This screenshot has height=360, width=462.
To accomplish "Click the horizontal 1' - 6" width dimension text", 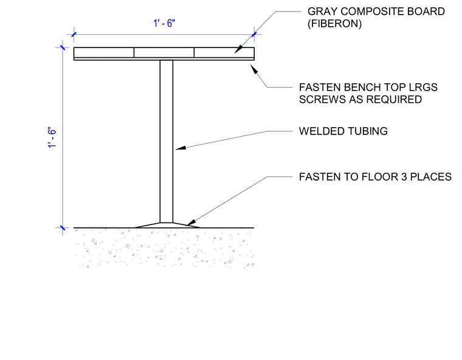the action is pyautogui.click(x=164, y=23).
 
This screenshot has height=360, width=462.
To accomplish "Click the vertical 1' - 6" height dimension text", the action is pyautogui.click(x=52, y=137).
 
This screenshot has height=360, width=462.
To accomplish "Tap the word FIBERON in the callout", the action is pyautogui.click(x=334, y=24).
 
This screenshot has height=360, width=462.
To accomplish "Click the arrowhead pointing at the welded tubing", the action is pyautogui.click(x=181, y=148).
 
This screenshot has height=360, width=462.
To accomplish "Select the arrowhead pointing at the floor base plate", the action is pyautogui.click(x=191, y=223).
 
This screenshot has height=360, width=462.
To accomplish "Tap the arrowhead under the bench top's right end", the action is pyautogui.click(x=254, y=69).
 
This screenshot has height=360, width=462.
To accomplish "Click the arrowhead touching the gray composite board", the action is pyautogui.click(x=238, y=49).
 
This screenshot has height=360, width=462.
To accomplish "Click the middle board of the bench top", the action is pyautogui.click(x=164, y=52).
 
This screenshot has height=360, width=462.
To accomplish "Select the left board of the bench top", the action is pyautogui.click(x=104, y=52).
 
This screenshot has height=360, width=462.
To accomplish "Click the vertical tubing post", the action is pyautogui.click(x=167, y=141).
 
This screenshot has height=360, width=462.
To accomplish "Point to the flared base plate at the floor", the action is pyautogui.click(x=167, y=225).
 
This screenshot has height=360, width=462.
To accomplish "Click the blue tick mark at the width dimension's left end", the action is pyautogui.click(x=74, y=35).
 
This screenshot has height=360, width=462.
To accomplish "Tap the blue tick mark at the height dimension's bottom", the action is pyautogui.click(x=63, y=227).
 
